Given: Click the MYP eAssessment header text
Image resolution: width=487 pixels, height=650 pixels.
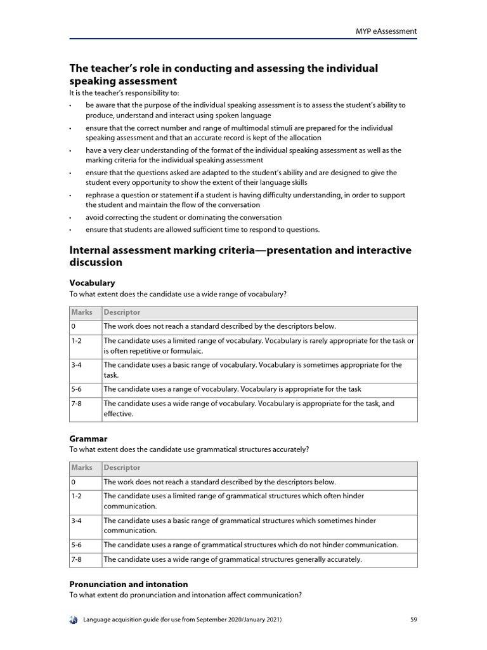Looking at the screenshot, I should coord(385,30).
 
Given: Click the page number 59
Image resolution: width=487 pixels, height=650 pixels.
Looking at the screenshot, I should coord(413,619).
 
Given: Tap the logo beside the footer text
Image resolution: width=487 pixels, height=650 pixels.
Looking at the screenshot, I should coord(74,620).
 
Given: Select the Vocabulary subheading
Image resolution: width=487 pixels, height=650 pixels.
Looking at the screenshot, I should coord(92,282).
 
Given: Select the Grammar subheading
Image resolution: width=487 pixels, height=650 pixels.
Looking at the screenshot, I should coord(88,438).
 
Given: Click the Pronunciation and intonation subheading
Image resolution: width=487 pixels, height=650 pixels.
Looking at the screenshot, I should coord(128,584).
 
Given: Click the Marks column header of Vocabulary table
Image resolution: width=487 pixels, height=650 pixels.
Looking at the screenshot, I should coord(82,312).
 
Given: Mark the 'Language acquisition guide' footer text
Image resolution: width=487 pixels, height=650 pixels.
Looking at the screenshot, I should coord(183,620).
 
